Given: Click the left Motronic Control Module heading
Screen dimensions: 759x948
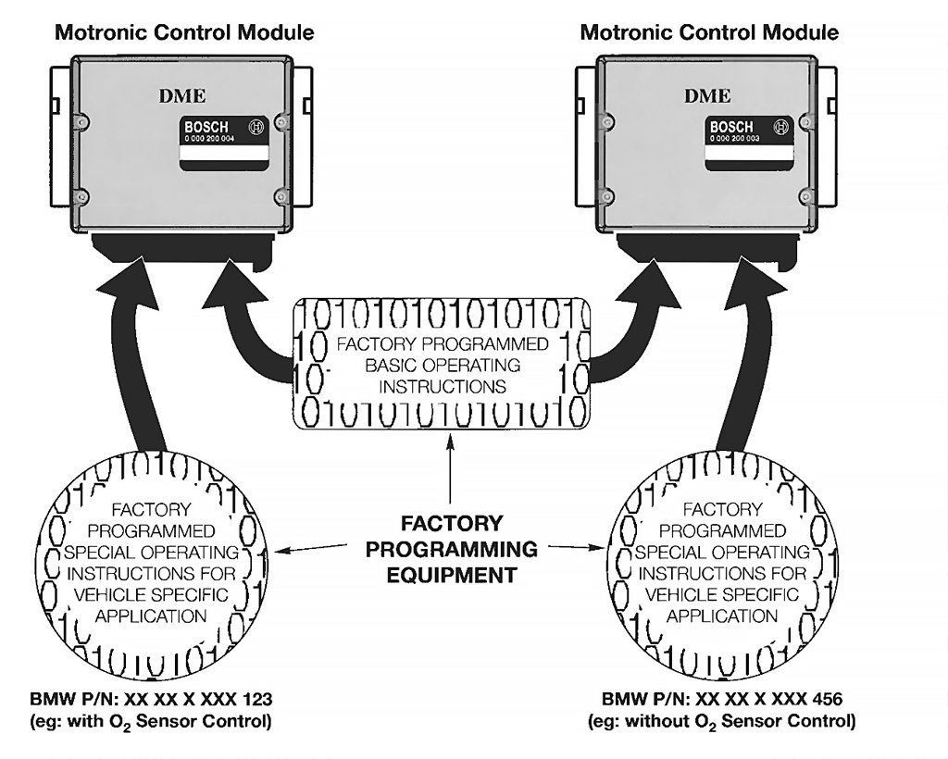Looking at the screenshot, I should pyautogui.click(x=184, y=32).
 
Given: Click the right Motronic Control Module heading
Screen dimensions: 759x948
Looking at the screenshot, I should pyautogui.click(x=709, y=32).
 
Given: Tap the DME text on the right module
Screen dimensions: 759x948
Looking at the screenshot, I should pyautogui.click(x=707, y=96).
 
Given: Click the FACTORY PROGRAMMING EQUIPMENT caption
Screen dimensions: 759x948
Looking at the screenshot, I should pyautogui.click(x=451, y=549).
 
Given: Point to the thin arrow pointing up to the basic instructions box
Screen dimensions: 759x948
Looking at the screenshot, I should pyautogui.click(x=451, y=472).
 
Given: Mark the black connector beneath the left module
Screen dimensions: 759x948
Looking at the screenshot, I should pyautogui.click(x=184, y=247).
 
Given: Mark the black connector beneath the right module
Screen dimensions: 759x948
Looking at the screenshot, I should pyautogui.click(x=709, y=247).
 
